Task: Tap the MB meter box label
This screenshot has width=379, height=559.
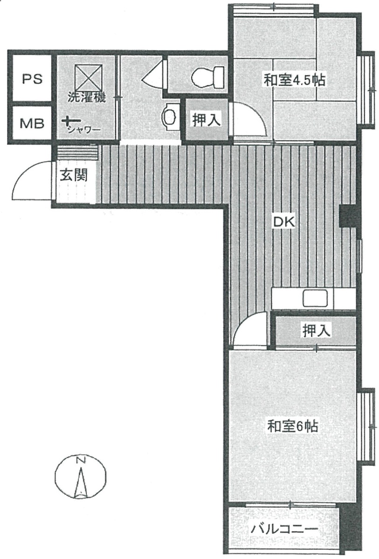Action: tap(32, 124)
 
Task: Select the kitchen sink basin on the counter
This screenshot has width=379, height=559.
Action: tap(315, 298)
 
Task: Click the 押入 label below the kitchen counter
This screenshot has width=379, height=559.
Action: tap(317, 331)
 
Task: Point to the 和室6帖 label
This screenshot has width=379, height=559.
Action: tap(293, 426)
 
